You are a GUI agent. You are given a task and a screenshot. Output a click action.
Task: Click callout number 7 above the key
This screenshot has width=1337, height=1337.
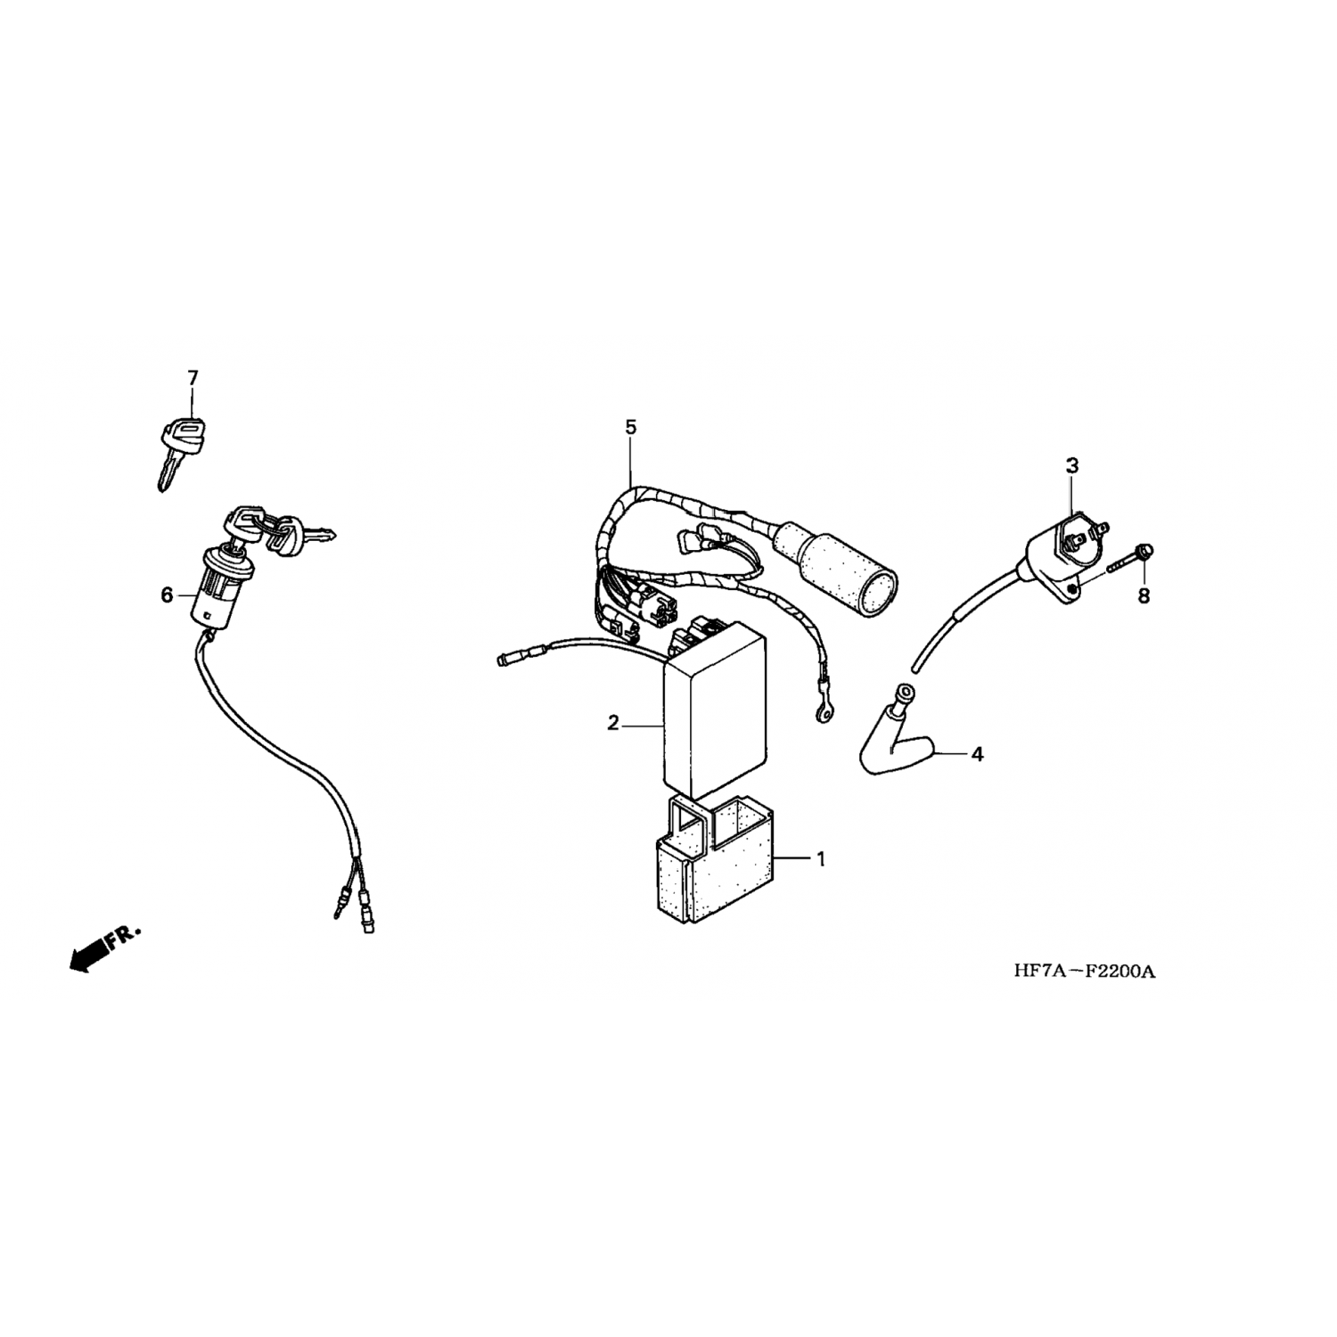193,378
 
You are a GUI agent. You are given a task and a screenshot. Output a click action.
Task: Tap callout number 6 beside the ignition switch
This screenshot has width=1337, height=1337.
167,595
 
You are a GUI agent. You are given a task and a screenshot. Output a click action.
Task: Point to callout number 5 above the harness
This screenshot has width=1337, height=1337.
631,428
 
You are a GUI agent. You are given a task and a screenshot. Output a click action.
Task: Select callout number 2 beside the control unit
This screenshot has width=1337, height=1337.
613,723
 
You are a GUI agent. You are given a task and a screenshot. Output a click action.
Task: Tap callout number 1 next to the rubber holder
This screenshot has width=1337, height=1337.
821,859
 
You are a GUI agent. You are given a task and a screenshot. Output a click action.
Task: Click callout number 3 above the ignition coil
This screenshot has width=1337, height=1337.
1072,465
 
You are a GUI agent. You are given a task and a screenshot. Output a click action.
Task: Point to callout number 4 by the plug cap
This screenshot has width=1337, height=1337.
977,754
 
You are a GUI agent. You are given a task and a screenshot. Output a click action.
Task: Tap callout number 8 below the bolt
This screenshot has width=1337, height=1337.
1144,595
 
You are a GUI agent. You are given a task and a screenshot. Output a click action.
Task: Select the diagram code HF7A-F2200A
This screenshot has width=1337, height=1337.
1084,972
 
